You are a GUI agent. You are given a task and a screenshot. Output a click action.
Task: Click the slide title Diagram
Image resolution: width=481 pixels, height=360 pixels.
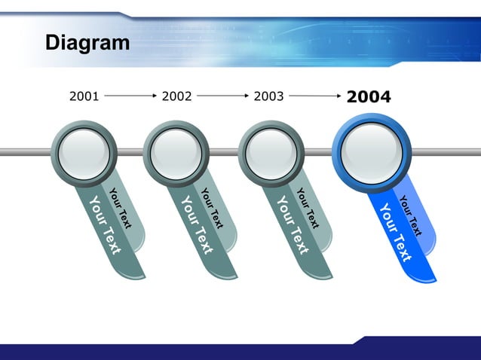[x=87, y=43]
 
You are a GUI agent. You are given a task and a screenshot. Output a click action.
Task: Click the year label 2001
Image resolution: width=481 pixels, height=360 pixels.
[x=84, y=96]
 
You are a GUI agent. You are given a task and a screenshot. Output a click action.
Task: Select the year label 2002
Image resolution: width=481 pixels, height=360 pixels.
[x=177, y=96]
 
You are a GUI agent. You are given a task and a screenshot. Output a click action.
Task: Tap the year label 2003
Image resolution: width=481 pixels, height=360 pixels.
[x=269, y=96]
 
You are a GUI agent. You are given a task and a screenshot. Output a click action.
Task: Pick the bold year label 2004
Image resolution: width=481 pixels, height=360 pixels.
[x=369, y=97]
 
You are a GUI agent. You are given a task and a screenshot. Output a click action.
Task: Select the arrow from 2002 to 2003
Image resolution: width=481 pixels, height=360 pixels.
[x=223, y=96]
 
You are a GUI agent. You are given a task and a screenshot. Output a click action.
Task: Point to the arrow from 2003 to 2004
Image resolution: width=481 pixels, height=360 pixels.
[x=314, y=96]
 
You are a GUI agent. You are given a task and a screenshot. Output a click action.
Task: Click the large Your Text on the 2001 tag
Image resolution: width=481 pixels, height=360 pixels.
[x=105, y=225]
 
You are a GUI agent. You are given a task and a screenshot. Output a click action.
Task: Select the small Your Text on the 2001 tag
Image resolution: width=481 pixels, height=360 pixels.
[x=120, y=208]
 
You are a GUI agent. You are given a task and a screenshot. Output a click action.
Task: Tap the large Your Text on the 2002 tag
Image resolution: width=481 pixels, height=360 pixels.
[x=197, y=225]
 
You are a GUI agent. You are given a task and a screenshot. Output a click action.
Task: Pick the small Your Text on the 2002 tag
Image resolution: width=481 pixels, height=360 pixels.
[x=212, y=208]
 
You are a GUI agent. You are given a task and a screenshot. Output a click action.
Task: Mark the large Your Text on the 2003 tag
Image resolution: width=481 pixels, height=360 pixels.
[x=293, y=225]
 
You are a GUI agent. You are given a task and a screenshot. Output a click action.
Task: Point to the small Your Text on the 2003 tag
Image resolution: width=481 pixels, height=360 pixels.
[x=308, y=208]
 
